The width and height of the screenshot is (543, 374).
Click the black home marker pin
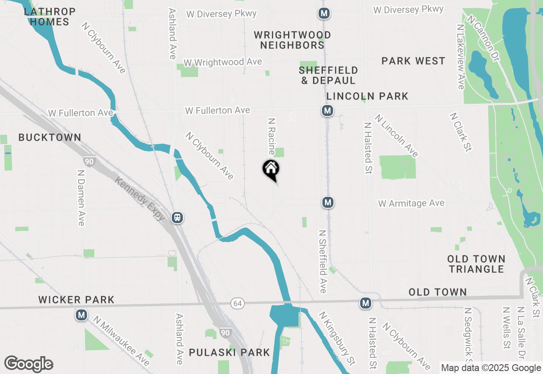click(271, 170)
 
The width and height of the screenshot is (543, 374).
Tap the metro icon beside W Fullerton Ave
click(327, 111)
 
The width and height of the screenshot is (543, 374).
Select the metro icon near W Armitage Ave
click(327, 202)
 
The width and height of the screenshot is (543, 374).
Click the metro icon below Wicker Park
click(81, 315)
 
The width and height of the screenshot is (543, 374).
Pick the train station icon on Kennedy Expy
click(177, 218)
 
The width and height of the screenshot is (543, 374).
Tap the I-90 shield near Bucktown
click(90, 161)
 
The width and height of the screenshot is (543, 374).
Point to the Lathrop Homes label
click(50, 17)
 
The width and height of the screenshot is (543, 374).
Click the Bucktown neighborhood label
click(50, 137)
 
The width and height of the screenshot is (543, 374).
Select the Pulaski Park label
click(230, 352)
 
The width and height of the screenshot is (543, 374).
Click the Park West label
click(413, 61)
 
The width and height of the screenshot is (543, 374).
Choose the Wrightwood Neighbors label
click(293, 40)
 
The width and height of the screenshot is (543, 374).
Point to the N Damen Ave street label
click(81, 198)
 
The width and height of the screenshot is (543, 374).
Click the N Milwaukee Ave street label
click(122, 341)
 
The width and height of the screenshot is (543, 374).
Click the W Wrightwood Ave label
click(223, 62)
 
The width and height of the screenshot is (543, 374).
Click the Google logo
click(29, 364)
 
